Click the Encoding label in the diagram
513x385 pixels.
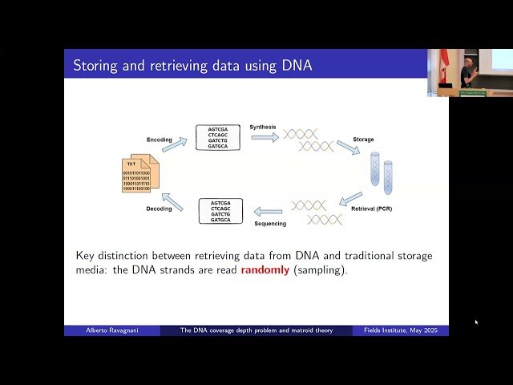click(x=160, y=140)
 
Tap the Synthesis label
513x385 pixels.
click(x=263, y=127)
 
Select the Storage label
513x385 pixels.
click(x=363, y=140)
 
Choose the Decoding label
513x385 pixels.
click(x=159, y=209)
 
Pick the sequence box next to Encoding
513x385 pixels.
click(x=218, y=137)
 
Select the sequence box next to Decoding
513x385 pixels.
click(x=220, y=211)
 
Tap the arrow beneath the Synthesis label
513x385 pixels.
click(x=265, y=136)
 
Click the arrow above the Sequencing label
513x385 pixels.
click(x=269, y=213)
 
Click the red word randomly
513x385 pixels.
click(x=265, y=270)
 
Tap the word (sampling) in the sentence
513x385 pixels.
click(x=321, y=270)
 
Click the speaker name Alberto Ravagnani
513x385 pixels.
click(x=111, y=330)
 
